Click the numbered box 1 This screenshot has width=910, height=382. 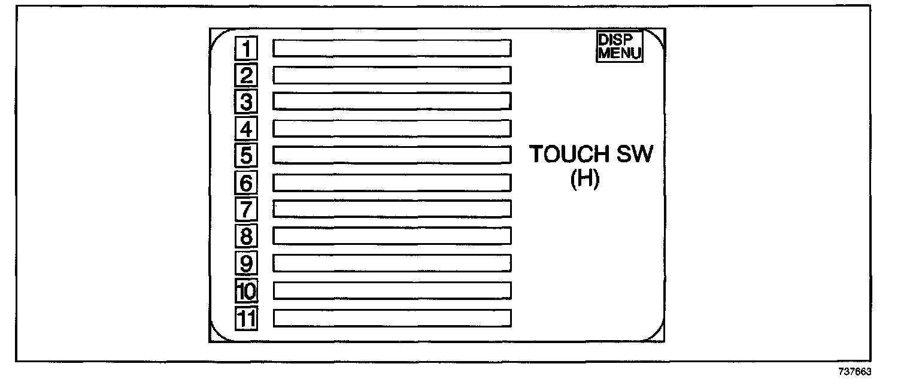coord(245,47)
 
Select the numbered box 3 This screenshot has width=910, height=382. coord(245,101)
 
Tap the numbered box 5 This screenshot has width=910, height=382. coord(245,155)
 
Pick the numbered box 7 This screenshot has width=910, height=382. coord(245,209)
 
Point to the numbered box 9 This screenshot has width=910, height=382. coord(245,263)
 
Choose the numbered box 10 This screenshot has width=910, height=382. coord(245,291)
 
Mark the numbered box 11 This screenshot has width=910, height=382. coord(245,319)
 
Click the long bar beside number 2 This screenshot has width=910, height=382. coord(392,75)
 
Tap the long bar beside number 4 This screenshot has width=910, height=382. coord(392,128)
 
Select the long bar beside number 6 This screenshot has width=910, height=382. coord(392,182)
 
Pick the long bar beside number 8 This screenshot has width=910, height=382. coord(392,235)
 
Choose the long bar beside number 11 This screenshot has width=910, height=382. coord(392,318)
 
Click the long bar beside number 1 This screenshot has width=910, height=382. coord(392,48)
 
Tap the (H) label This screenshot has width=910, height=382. coord(584,179)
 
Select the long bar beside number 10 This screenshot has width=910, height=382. coord(392,290)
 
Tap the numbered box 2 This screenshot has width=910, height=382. coord(245,75)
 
